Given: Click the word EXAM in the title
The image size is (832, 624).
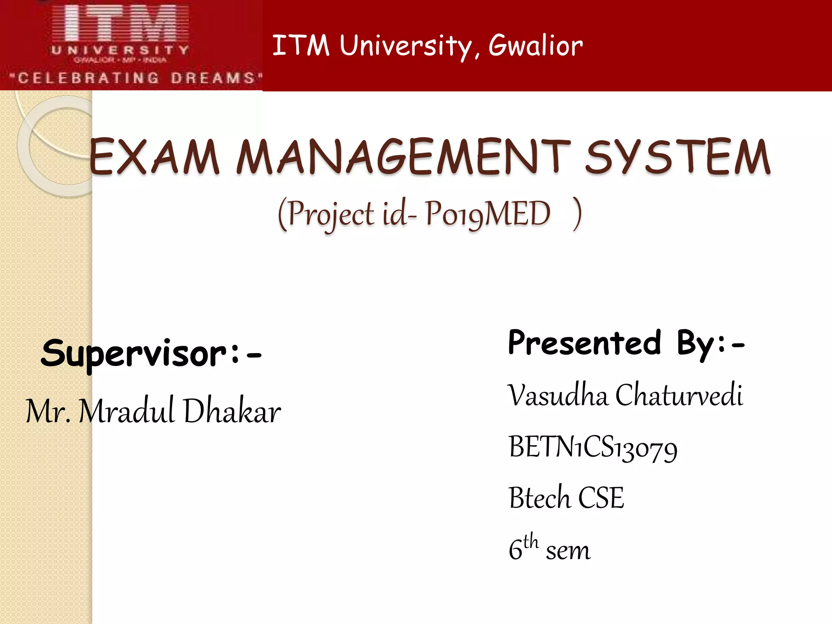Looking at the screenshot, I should coord(154,157).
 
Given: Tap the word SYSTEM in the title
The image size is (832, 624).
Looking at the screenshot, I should coord(677,157).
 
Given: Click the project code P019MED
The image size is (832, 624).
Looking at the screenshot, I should coord(487,214).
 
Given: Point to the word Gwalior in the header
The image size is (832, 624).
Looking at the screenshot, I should coord(535,45).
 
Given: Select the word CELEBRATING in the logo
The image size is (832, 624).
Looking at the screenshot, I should coord(89,78).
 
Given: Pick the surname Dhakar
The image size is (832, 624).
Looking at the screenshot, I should coord(232,412).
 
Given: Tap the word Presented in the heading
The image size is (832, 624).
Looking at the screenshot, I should coord(585,343).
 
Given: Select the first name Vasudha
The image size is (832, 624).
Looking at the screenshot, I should coord(557,395).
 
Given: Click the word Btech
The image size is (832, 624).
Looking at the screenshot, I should coord(539,498).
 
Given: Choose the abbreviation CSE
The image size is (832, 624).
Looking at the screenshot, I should coord(600,498).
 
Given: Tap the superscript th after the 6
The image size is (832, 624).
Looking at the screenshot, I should coord(531,542).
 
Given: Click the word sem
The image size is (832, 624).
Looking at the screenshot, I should coord(568,551).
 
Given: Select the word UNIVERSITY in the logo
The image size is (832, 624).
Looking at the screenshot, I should coord(120,50).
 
